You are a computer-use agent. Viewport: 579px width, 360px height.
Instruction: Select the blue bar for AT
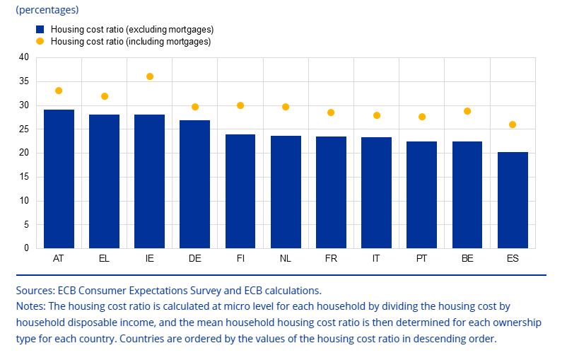point(59,179)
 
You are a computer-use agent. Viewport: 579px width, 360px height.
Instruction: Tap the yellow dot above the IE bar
point(150,76)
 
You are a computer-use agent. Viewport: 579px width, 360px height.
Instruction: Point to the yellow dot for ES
point(513,124)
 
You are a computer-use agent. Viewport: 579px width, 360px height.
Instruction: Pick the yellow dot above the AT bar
point(59,91)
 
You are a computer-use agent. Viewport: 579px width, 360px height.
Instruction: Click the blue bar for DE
point(195,184)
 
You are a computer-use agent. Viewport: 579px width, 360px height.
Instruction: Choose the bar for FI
point(240,191)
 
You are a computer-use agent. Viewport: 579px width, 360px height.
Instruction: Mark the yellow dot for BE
point(467,111)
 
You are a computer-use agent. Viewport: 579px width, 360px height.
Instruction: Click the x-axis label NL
point(286,259)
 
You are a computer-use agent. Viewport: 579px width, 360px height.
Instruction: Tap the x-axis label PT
point(422,259)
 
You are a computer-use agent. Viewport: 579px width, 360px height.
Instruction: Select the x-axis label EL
point(105,259)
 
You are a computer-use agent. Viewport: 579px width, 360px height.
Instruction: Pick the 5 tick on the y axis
point(26,225)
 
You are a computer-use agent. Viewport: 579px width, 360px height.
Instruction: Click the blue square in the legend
point(40,30)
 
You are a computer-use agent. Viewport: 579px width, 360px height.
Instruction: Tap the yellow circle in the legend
point(40,42)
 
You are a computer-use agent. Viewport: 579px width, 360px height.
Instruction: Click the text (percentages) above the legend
point(47,10)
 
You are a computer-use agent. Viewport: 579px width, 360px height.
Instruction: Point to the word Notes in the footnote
point(30,306)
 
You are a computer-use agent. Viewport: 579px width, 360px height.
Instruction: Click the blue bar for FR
point(331,192)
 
